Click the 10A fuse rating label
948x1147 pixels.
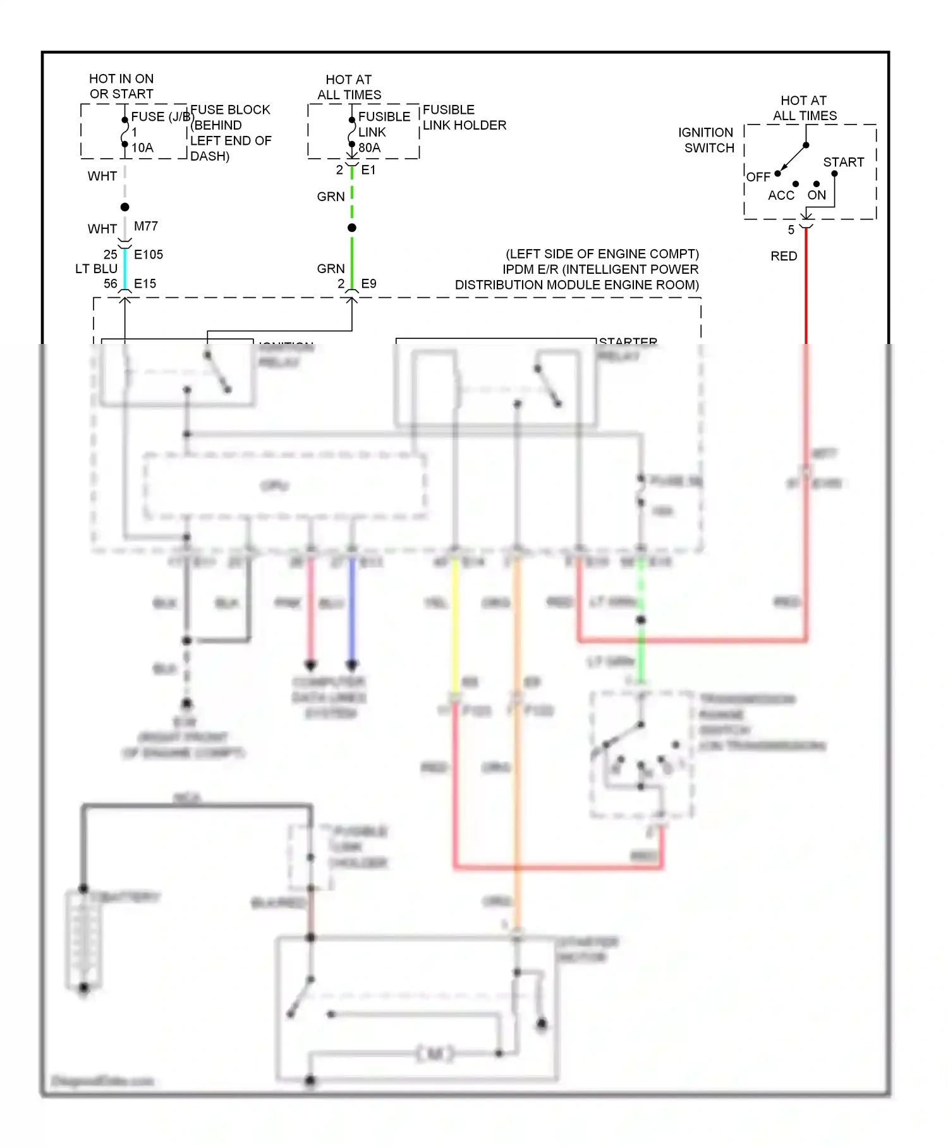(142, 148)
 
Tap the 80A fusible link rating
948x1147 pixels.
(370, 148)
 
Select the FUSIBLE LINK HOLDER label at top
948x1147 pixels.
(464, 118)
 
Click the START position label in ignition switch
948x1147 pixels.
(843, 163)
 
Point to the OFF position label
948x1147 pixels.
(758, 178)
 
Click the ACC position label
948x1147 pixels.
(781, 196)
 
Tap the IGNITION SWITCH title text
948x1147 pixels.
(707, 140)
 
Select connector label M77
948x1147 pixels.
(146, 226)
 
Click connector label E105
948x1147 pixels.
(149, 255)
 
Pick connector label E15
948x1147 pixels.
(145, 284)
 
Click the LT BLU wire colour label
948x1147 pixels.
(96, 269)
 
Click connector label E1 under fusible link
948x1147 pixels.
(368, 170)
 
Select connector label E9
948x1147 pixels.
(368, 284)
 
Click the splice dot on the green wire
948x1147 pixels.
(352, 228)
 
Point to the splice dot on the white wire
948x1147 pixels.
(125, 207)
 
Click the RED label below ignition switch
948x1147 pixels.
(784, 256)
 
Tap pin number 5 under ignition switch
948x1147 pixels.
(791, 230)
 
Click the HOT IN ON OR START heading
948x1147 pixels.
(121, 87)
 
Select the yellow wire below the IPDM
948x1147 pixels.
(454, 626)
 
